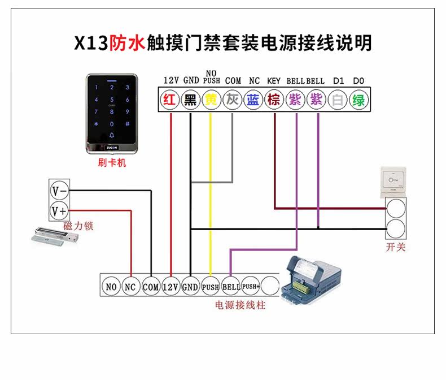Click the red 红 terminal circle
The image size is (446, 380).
(x=169, y=101)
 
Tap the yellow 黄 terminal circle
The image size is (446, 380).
(x=211, y=101)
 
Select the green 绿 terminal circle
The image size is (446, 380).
(x=358, y=101)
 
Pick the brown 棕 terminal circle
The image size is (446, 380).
(x=274, y=101)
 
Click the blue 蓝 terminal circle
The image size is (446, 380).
(x=253, y=101)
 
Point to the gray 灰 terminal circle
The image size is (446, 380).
(x=232, y=101)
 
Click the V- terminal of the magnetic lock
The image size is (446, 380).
(x=59, y=191)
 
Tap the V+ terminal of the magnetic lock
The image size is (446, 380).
(x=59, y=211)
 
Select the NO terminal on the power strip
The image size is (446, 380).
(x=111, y=287)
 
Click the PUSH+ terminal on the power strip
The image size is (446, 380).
(x=250, y=287)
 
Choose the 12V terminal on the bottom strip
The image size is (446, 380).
(x=170, y=287)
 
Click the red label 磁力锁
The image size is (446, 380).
(x=78, y=227)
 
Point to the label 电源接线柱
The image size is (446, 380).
(x=240, y=305)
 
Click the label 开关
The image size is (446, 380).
(x=396, y=248)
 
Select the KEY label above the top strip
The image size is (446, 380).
(x=274, y=81)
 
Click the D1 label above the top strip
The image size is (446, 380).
(x=338, y=81)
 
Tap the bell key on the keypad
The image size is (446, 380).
(x=112, y=135)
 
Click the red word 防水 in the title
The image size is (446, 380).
(x=127, y=43)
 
